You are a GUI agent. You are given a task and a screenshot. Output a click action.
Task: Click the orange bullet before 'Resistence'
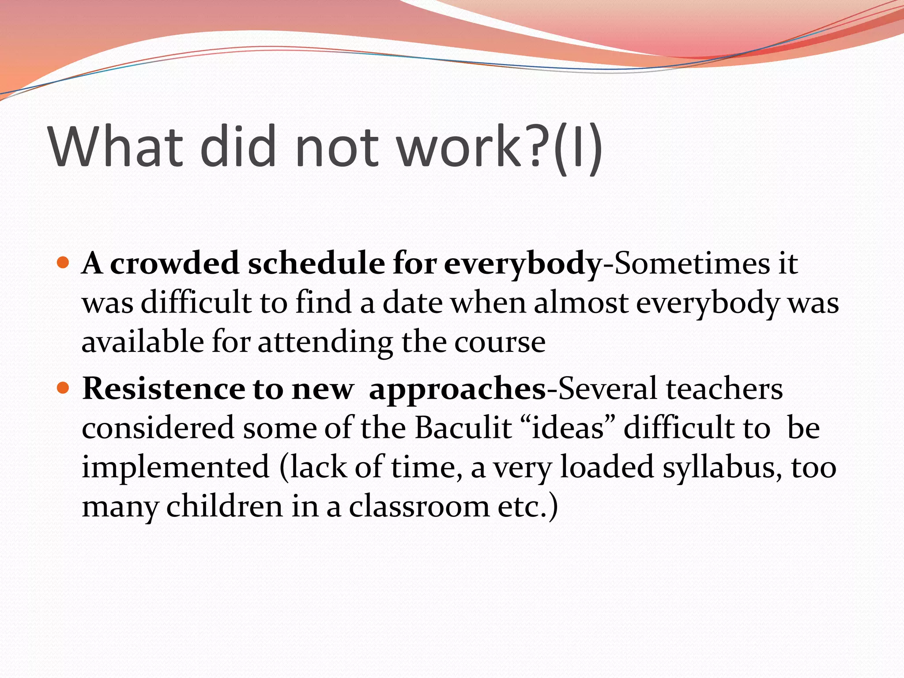pyautogui.click(x=64, y=388)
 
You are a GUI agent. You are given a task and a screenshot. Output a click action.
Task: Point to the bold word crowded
pyautogui.click(x=174, y=264)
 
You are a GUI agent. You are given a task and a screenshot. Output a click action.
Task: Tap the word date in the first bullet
pyautogui.click(x=412, y=303)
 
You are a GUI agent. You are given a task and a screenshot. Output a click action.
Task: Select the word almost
pyautogui.click(x=581, y=303)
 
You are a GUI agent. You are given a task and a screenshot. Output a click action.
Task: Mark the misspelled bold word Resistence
pyautogui.click(x=163, y=389)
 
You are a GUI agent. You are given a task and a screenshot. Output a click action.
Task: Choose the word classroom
pyautogui.click(x=419, y=506)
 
